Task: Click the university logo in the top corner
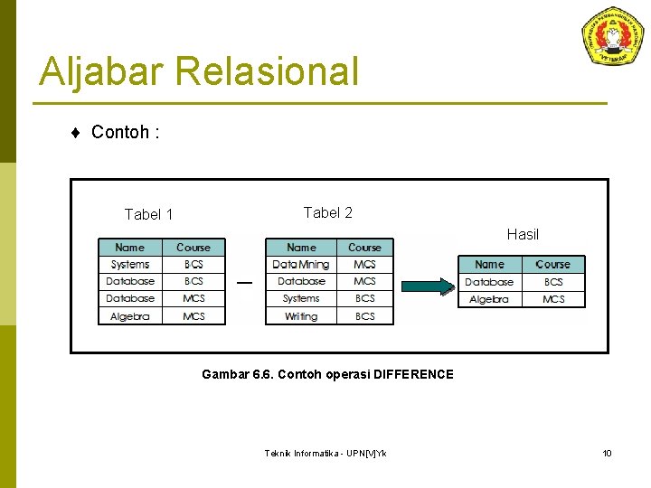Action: (x=612, y=36)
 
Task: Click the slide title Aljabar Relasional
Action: (x=199, y=71)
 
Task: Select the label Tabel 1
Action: (x=148, y=214)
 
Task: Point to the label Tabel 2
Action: (x=327, y=212)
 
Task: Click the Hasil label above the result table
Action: (x=523, y=234)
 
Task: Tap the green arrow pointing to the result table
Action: (x=426, y=286)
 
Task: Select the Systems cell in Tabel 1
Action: (x=130, y=265)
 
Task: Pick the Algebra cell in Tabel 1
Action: (x=130, y=316)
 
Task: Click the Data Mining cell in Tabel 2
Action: (x=301, y=265)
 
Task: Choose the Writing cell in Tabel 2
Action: (x=301, y=316)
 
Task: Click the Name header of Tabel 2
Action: (x=301, y=247)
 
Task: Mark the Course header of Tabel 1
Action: (x=193, y=247)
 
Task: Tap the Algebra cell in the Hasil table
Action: (x=489, y=299)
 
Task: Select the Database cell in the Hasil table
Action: (x=489, y=282)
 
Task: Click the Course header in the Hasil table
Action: (x=552, y=265)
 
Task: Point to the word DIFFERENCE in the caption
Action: (x=413, y=374)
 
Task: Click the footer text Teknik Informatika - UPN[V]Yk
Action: (x=325, y=453)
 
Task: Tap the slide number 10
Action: (x=607, y=453)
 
